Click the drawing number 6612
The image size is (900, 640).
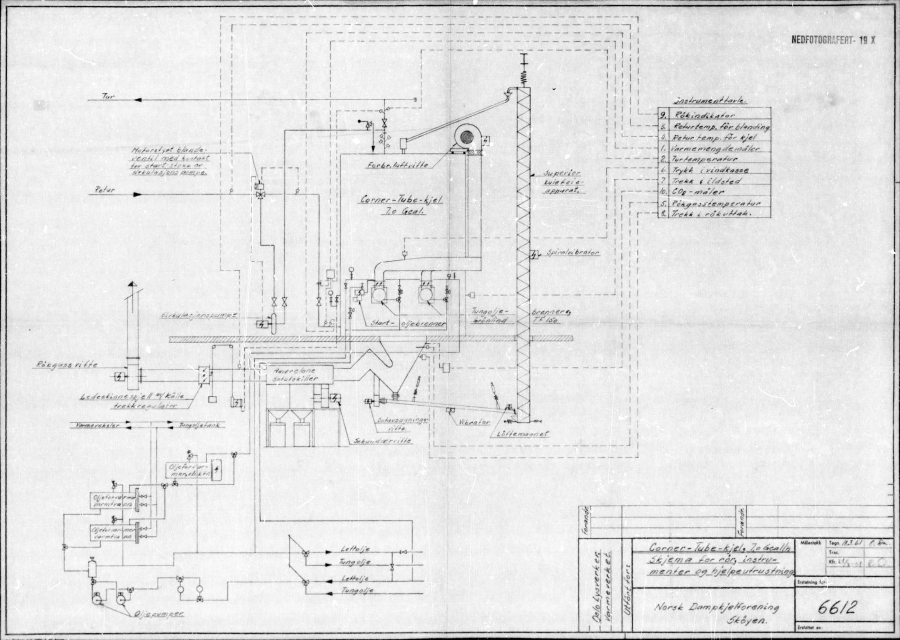click(837, 607)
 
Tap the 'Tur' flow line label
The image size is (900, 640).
click(109, 96)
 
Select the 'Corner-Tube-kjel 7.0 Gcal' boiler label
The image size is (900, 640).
click(402, 205)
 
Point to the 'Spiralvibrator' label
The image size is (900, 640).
click(573, 253)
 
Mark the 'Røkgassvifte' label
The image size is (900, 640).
click(67, 364)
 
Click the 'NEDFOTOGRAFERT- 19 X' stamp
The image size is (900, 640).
click(833, 40)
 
